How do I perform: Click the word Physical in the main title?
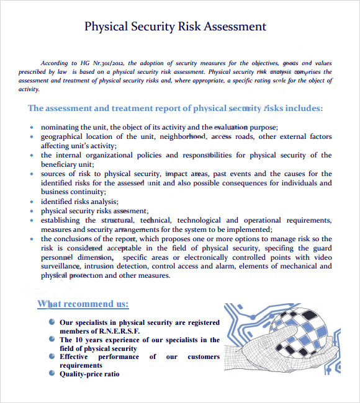(106, 27)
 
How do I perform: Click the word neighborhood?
(183, 136)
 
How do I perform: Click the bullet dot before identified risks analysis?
(32, 201)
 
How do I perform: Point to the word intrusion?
(101, 267)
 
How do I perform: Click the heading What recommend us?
(83, 304)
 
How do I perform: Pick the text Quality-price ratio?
(89, 374)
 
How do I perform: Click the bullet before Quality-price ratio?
(51, 373)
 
